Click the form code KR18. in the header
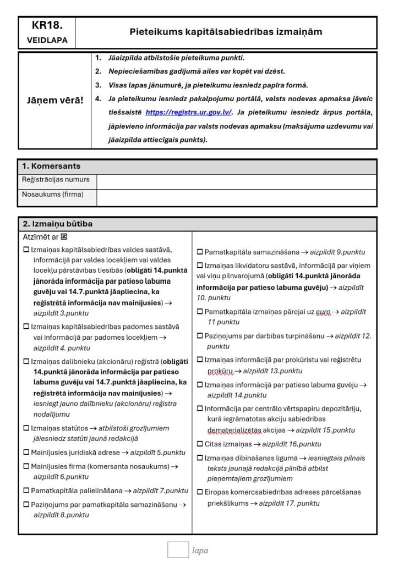[x=47, y=25]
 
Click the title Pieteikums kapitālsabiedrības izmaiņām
[x=226, y=32]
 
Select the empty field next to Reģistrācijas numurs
[x=237, y=180]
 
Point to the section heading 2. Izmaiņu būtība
[x=57, y=224]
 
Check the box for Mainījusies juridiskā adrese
[x=26, y=452]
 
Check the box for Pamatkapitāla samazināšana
[x=200, y=252]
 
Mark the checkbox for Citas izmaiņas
[x=200, y=444]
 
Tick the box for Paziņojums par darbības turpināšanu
[x=200, y=335]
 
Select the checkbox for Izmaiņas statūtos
[x=26, y=428]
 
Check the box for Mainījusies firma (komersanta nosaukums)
[x=26, y=467]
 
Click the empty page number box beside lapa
[x=178, y=550]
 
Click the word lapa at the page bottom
[x=200, y=550]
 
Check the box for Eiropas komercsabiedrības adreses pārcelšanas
[x=200, y=492]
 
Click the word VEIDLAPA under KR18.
[x=47, y=40]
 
